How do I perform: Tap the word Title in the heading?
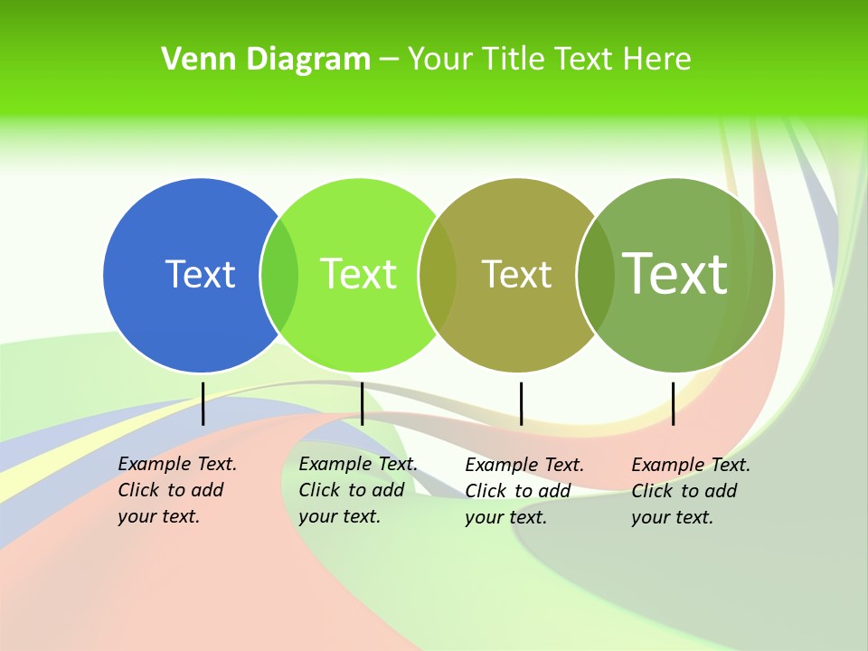tap(514, 60)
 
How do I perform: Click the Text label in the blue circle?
tap(200, 274)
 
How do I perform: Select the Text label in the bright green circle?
tap(358, 274)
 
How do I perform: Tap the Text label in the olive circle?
tap(516, 274)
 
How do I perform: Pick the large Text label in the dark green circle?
tap(675, 273)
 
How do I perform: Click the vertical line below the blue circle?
tap(203, 403)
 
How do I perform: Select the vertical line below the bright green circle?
tap(362, 403)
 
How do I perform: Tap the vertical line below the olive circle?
tap(521, 403)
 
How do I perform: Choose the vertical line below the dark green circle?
tap(673, 403)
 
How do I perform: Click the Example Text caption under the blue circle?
tap(176, 490)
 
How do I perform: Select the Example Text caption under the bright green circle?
tap(357, 490)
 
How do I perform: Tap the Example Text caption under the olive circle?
tap(524, 491)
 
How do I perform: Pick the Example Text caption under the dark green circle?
tap(690, 491)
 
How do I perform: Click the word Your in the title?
tap(440, 60)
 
